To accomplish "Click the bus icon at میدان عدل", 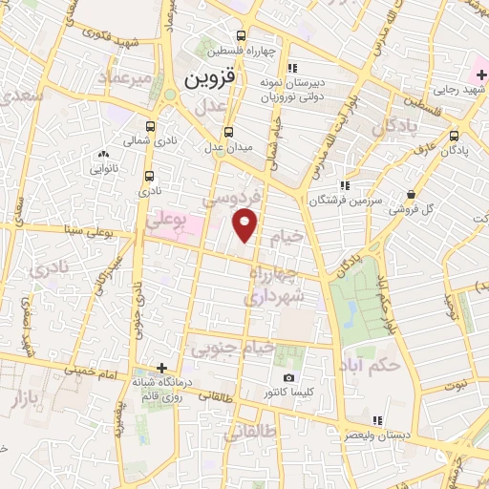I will click(x=227, y=133).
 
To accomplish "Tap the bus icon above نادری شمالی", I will click(x=151, y=125).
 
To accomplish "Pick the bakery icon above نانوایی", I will click(x=104, y=153).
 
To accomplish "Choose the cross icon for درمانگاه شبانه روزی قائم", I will click(x=161, y=368).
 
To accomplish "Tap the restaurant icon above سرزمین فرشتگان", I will click(x=344, y=185).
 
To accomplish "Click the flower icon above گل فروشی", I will click(x=416, y=191).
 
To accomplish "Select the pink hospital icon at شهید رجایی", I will click(x=478, y=74).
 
